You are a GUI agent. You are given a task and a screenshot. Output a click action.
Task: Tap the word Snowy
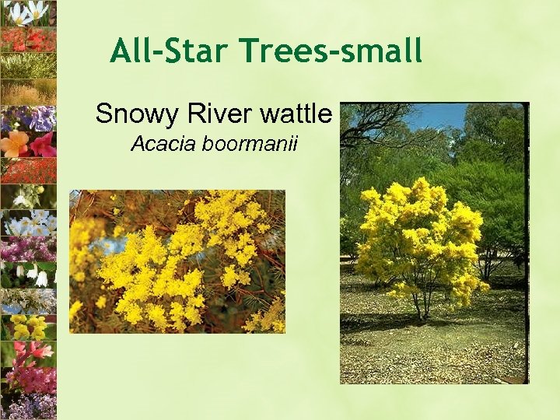pos(135,114)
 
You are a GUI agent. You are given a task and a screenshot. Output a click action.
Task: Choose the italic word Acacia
pos(160,144)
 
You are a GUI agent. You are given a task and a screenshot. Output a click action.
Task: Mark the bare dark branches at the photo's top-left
pos(373,124)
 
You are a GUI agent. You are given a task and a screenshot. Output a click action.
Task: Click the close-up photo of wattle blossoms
pos(177,261)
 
